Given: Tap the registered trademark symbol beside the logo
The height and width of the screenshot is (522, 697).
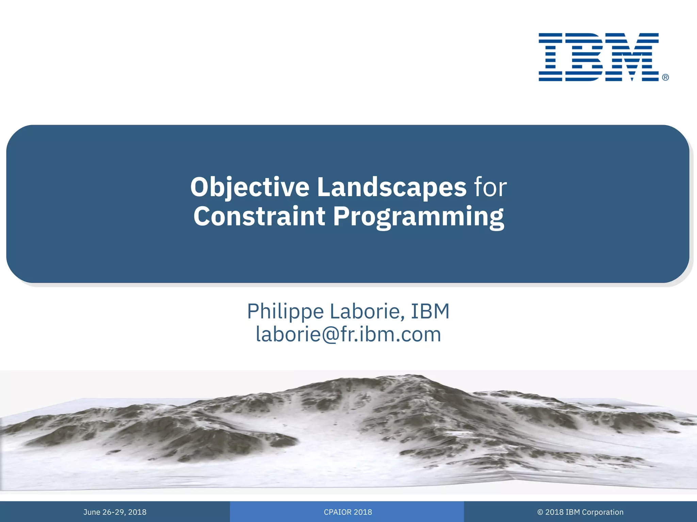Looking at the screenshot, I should (665, 77).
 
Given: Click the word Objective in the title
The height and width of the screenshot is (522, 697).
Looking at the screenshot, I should (249, 187).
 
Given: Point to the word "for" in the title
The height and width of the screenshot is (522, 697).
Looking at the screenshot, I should (490, 187).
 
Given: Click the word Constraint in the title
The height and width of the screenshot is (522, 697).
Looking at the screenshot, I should (259, 216).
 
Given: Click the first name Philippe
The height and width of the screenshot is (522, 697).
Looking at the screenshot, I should (285, 312).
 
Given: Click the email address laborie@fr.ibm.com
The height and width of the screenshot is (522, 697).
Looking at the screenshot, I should (348, 334).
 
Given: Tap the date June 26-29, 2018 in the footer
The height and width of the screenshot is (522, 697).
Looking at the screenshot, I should (115, 512).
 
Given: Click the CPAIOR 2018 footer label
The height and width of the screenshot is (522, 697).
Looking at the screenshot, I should (348, 512).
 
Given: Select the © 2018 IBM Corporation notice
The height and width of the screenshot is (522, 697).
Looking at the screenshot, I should (580, 512).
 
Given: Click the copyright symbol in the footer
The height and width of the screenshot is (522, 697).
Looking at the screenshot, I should (540, 512).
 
